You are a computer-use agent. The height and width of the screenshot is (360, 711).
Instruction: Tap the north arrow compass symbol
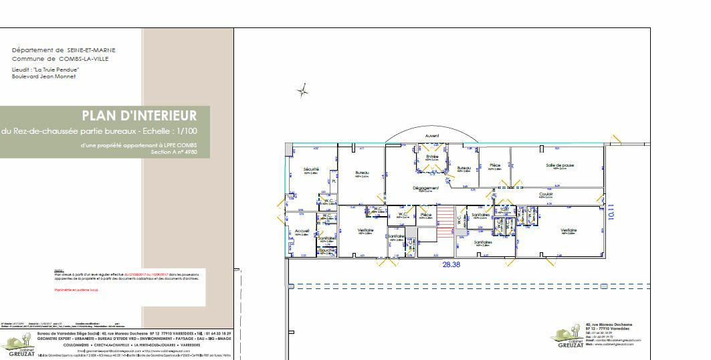(302, 90)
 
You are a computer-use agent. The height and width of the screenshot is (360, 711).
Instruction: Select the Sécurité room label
(311, 169)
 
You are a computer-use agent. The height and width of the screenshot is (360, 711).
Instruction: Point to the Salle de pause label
(559, 165)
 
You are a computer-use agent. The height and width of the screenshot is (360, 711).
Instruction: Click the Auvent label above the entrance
(432, 136)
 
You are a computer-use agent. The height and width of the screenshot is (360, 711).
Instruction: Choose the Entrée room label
(432, 157)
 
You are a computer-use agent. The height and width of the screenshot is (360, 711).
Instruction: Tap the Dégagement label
(425, 188)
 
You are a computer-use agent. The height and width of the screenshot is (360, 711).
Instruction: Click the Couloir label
(546, 195)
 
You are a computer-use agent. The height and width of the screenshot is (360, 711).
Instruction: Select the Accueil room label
(302, 231)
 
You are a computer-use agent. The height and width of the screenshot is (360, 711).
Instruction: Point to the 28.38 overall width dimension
(451, 264)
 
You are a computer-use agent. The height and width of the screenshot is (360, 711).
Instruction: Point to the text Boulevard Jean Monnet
(44, 76)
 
